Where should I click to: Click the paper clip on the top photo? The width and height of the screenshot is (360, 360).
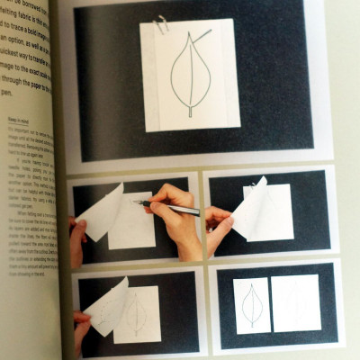162,24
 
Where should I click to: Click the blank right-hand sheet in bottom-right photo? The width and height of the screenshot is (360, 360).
295,302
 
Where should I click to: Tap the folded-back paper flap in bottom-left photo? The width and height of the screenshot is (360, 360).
106,301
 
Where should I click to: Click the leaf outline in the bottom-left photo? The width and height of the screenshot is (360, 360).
137,315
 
